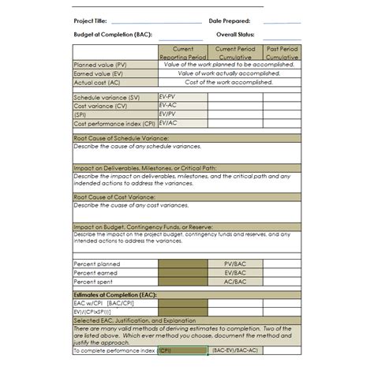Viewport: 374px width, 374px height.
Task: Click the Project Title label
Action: click(90, 21)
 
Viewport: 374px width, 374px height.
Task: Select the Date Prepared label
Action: click(230, 21)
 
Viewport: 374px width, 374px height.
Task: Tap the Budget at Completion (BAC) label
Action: click(112, 35)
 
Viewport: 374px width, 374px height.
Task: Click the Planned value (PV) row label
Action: click(100, 65)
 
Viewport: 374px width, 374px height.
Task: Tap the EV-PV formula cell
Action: click(167, 96)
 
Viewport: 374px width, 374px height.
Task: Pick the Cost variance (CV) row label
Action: click(100, 105)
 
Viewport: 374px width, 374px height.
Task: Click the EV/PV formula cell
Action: click(167, 114)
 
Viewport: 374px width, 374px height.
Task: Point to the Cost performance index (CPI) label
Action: click(114, 123)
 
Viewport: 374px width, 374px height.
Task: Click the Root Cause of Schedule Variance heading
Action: click(121, 138)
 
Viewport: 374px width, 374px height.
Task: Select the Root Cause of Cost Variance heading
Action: click(114, 196)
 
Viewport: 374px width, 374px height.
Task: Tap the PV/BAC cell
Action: click(235, 264)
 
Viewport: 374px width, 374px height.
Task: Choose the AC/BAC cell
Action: click(235, 281)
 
